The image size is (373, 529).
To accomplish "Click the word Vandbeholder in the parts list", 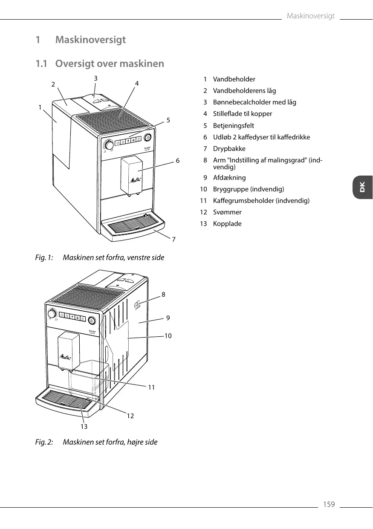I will click(234, 79).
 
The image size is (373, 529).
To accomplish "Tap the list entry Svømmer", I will click(227, 212).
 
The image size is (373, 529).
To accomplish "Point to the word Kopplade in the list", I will click(227, 224).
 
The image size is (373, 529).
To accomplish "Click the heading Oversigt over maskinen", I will click(110, 64).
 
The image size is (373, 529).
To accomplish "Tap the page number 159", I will click(329, 505).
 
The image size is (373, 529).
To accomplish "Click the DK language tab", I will click(362, 187).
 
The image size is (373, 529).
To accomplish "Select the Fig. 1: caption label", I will click(44, 258).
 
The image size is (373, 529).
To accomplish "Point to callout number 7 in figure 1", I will click(173, 240).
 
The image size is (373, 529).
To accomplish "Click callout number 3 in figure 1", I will click(96, 78).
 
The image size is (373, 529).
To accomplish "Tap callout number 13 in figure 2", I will click(84, 426).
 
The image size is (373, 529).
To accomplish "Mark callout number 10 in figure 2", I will click(168, 336).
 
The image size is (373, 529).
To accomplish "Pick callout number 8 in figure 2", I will click(163, 294).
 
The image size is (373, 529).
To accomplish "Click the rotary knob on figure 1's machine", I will click(110, 145).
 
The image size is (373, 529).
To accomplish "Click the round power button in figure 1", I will click(148, 137).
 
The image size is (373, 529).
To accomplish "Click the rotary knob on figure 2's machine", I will click(52, 314).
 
